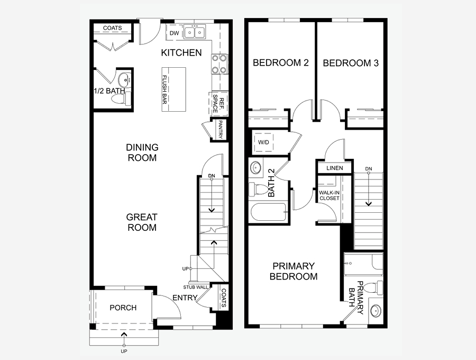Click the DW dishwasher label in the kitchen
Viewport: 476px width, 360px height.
click(174, 33)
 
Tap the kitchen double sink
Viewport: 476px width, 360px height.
click(195, 32)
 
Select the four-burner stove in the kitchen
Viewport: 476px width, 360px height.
click(219, 64)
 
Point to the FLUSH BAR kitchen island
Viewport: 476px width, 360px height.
click(173, 89)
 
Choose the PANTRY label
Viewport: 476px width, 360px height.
click(221, 130)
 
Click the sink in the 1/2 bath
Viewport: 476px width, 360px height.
click(124, 79)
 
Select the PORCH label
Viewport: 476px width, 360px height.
click(123, 308)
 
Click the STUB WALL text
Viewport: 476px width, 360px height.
click(196, 287)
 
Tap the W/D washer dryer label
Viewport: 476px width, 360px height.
click(263, 142)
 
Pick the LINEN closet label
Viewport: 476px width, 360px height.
click(335, 168)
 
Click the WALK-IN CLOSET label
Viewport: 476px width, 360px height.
click(329, 195)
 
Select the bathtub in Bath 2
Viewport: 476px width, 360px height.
click(269, 213)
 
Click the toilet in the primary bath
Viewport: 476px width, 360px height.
click(373, 287)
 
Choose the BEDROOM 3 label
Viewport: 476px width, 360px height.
click(351, 63)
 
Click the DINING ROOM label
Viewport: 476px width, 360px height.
click(142, 152)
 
